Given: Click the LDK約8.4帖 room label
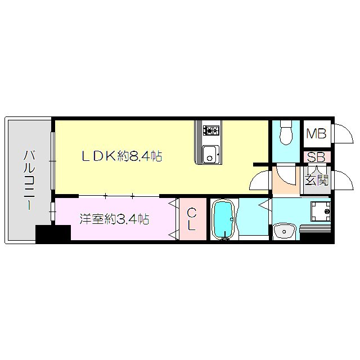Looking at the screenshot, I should (x=122, y=156).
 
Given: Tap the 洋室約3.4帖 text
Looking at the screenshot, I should (x=114, y=219).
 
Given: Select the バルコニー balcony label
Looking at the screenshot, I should (x=28, y=179).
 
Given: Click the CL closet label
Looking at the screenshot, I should (x=191, y=219).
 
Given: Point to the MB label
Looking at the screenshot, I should (x=316, y=134).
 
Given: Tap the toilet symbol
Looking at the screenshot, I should (x=286, y=133).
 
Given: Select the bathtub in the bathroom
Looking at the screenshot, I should (x=223, y=220).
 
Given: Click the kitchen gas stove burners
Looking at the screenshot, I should (x=211, y=131).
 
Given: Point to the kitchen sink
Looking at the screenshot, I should (x=210, y=153).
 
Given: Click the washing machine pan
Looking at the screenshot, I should (x=323, y=211).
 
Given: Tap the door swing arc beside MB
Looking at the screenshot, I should (x=342, y=132).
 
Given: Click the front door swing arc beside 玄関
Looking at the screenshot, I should (x=343, y=179).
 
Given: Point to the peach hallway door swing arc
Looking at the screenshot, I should (x=283, y=175).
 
